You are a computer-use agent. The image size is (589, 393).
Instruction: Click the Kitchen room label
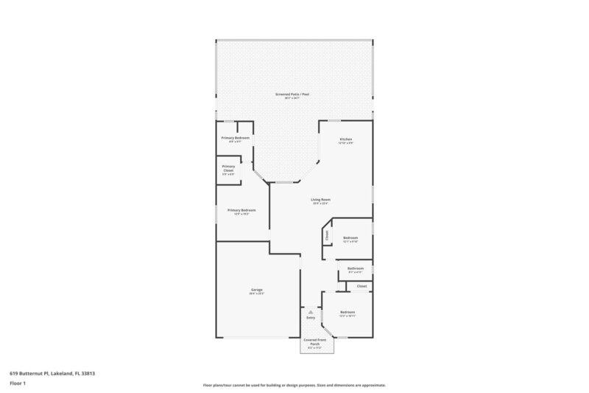click(x=345, y=139)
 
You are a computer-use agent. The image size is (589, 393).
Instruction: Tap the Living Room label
click(x=320, y=199)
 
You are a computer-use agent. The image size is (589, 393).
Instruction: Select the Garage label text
click(x=257, y=290)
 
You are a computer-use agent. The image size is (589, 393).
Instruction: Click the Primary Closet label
click(x=228, y=167)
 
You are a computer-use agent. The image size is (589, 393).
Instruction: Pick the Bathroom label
click(x=356, y=268)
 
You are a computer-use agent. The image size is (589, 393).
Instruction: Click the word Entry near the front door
click(x=311, y=318)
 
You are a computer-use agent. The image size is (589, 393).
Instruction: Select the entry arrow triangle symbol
click(x=311, y=312)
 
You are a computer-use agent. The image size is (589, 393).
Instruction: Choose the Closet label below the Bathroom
click(x=361, y=286)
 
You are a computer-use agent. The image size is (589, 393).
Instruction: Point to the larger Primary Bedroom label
click(x=242, y=211)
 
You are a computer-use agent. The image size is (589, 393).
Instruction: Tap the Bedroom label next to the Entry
click(x=348, y=313)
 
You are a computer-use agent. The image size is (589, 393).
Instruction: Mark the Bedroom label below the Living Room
click(x=350, y=237)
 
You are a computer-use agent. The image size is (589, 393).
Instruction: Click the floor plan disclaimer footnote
click(x=294, y=385)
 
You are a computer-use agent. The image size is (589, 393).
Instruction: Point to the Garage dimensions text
click(x=257, y=294)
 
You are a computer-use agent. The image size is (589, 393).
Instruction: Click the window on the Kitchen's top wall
click(x=334, y=120)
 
